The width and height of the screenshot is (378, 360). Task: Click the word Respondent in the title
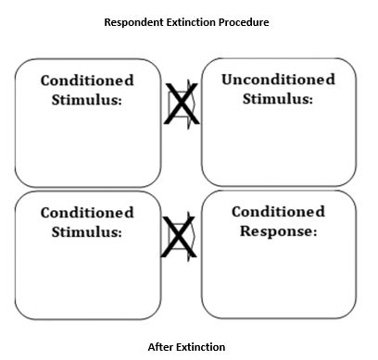(x=136, y=21)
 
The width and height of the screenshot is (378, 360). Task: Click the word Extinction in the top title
(x=196, y=21)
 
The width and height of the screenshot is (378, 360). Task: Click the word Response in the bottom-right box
(x=274, y=231)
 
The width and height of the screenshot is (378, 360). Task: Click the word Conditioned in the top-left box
(x=87, y=81)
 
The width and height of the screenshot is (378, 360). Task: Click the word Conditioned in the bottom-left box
(x=87, y=213)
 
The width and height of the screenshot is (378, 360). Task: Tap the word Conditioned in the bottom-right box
(x=278, y=213)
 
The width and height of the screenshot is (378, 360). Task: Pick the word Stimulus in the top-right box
(x=276, y=99)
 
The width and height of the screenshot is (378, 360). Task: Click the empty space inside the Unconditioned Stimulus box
(x=278, y=143)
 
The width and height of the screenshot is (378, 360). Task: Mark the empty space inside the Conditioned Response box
(x=278, y=278)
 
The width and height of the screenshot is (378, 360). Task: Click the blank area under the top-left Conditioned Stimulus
(x=87, y=143)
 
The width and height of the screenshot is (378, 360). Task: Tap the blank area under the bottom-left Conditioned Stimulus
(x=87, y=278)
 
